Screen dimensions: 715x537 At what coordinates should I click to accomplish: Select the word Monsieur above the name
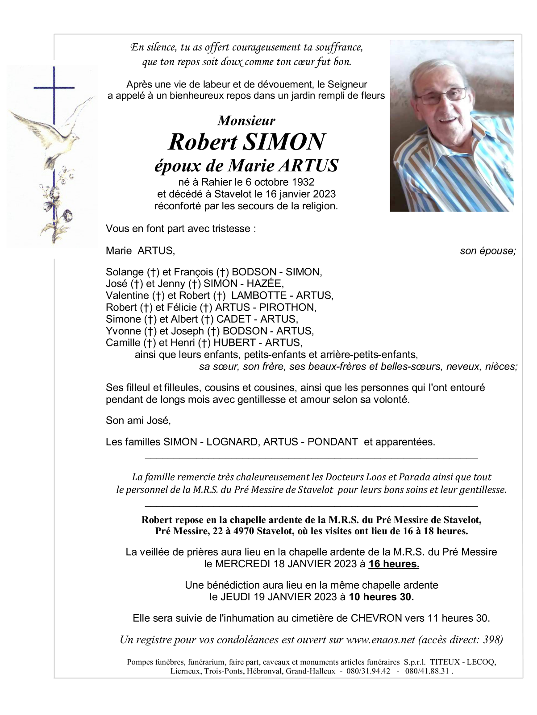pos(246,121)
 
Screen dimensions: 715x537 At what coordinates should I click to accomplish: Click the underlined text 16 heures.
pos(394,564)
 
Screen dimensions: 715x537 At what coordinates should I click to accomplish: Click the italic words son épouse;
pos(488,251)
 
